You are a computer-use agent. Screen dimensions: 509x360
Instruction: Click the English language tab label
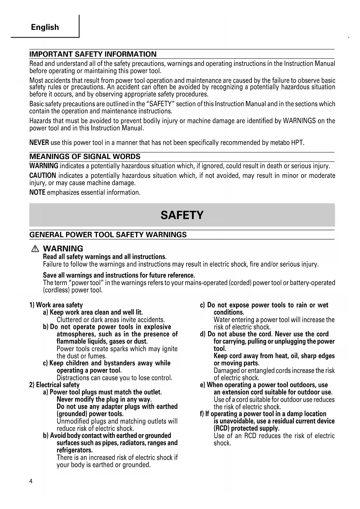click(x=45, y=27)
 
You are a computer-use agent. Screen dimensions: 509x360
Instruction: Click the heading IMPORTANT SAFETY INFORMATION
click(x=93, y=54)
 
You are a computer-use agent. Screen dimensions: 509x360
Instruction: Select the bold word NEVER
click(x=39, y=143)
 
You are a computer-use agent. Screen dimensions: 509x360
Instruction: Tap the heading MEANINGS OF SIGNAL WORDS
click(x=85, y=157)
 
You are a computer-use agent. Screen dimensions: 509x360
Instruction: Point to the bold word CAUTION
click(x=43, y=176)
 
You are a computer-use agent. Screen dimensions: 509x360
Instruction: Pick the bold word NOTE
click(x=37, y=192)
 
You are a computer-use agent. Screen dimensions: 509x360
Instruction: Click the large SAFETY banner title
click(x=182, y=215)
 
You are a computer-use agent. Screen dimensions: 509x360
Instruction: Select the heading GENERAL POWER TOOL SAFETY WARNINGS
click(x=108, y=235)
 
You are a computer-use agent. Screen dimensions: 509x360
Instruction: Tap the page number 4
click(x=31, y=481)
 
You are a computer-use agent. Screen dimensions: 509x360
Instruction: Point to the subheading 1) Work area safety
click(x=56, y=305)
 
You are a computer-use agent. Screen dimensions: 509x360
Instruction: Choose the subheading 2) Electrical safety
click(x=54, y=385)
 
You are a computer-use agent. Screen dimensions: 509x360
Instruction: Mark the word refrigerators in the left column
click(x=75, y=450)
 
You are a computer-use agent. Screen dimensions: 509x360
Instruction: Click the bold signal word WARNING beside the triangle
click(x=63, y=249)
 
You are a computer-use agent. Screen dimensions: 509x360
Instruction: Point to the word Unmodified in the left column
click(x=73, y=421)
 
